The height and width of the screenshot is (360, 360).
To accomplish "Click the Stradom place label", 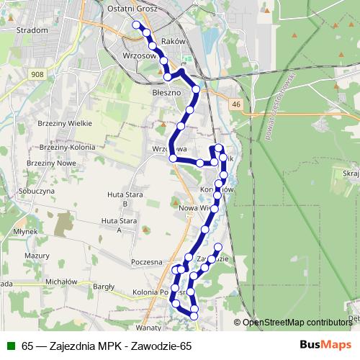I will pyautogui.click(x=31, y=30).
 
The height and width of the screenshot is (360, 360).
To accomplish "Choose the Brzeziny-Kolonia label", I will pyautogui.click(x=66, y=146).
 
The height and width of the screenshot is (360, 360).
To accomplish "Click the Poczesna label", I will pyautogui.click(x=147, y=263).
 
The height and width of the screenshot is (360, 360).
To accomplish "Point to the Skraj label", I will pyautogui.click(x=351, y=174).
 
